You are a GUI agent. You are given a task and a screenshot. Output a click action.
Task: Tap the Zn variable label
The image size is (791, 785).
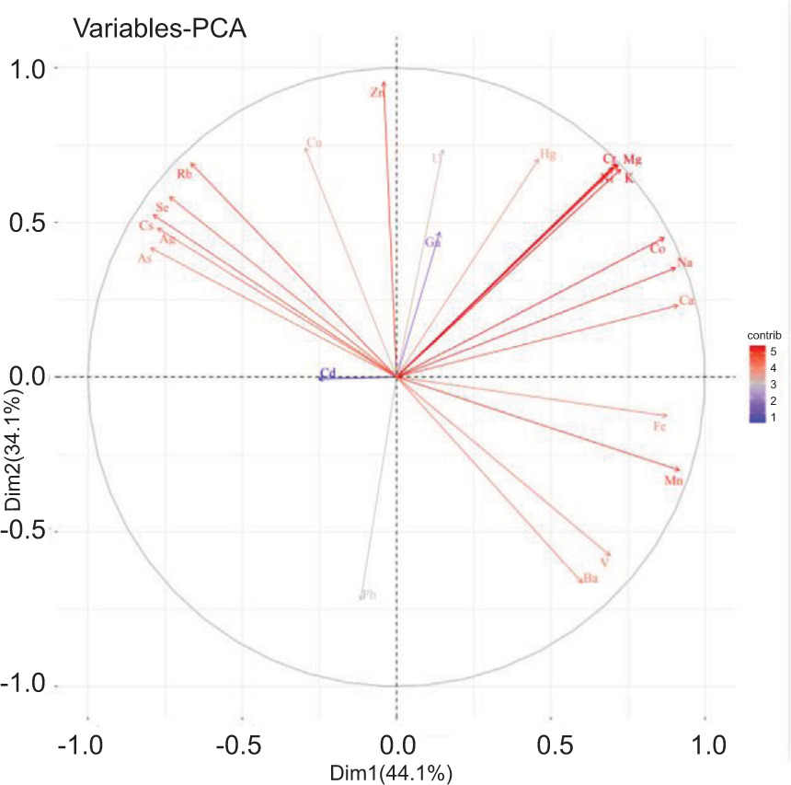[x=376, y=93]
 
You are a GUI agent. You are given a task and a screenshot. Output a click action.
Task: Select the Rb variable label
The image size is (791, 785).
[x=185, y=175]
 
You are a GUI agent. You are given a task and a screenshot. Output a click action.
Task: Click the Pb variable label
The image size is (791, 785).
[x=369, y=595]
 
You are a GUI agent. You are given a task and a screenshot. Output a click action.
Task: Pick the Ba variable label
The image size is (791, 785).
[x=590, y=579]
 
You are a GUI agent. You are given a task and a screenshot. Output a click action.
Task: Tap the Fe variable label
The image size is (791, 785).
[x=659, y=427]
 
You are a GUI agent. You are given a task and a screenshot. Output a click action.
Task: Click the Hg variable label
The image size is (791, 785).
[x=548, y=155]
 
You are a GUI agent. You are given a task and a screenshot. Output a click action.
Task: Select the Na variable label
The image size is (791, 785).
[x=684, y=264]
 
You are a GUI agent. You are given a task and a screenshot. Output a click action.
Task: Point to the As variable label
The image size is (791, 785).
[x=144, y=260]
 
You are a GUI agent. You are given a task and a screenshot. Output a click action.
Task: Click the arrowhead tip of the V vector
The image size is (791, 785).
[x=610, y=555]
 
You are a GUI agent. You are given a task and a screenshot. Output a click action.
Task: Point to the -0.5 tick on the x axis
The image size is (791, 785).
[x=241, y=741]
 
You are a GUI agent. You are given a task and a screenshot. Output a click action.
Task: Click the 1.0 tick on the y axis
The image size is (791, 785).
[x=33, y=69]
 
